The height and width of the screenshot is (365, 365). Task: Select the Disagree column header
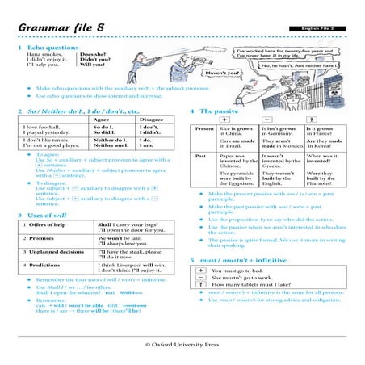point(151,119)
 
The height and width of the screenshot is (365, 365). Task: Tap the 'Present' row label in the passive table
point(205,129)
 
